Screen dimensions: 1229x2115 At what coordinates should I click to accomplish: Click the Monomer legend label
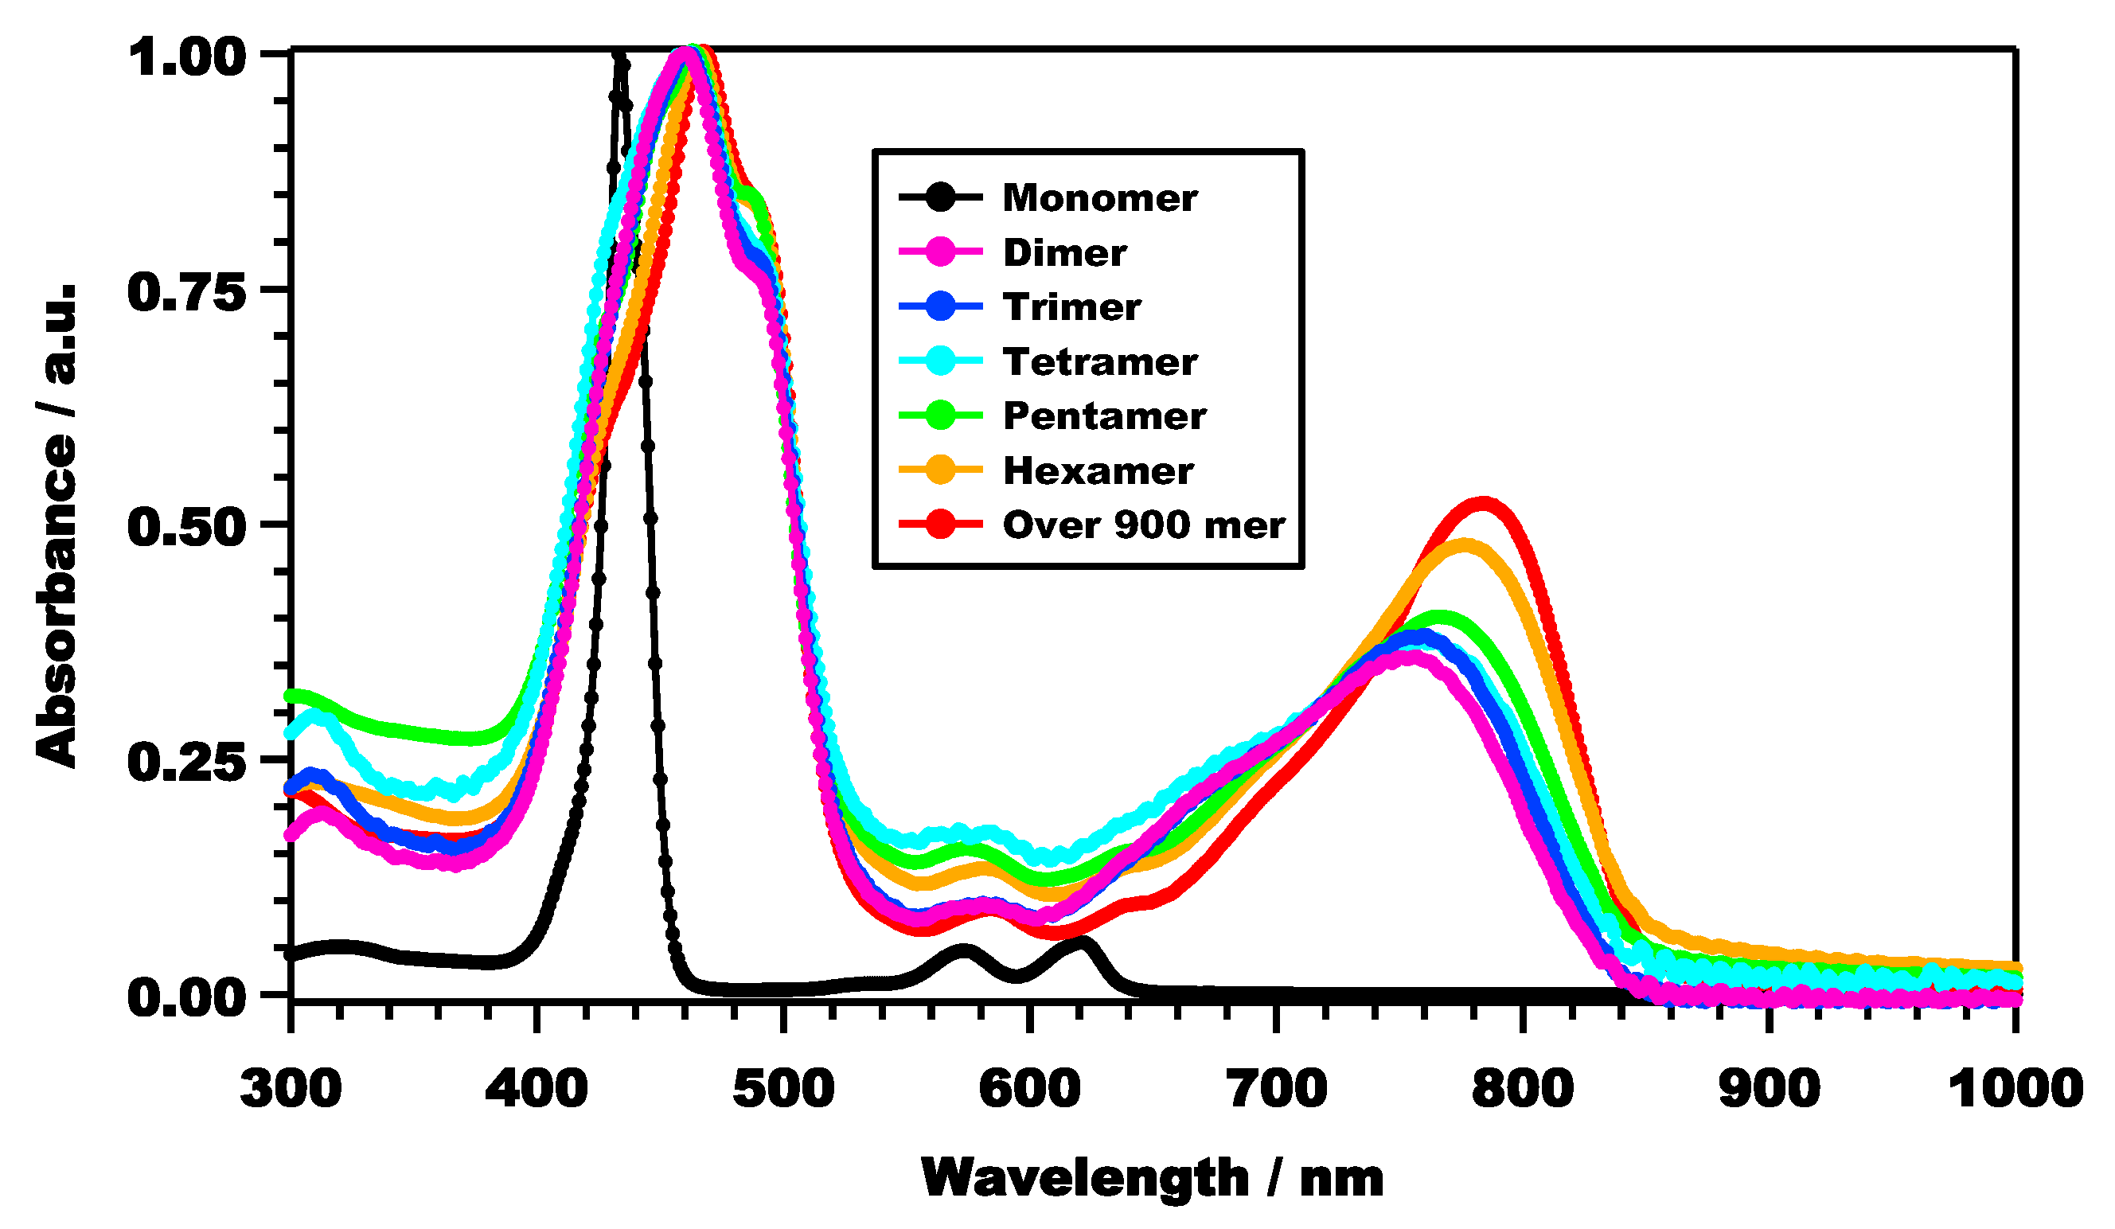tap(1099, 199)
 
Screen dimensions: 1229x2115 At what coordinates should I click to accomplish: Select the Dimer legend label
tap(1064, 254)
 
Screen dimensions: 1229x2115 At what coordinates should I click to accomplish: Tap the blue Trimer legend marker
tap(941, 306)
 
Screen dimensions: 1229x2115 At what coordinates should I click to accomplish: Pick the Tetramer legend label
tap(1099, 363)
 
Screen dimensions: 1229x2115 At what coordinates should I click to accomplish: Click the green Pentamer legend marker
tap(941, 416)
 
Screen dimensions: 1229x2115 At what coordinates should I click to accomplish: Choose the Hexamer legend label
tap(1098, 472)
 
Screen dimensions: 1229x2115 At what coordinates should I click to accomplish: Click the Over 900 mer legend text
tap(1143, 525)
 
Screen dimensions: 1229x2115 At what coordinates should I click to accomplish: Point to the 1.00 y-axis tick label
tap(187, 59)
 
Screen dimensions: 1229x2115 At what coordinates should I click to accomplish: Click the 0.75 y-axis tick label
tap(187, 294)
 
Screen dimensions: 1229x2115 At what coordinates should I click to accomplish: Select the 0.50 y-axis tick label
tap(187, 529)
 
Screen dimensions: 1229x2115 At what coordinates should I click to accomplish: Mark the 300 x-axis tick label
tap(291, 1090)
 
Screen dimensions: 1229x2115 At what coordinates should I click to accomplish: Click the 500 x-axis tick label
tap(783, 1090)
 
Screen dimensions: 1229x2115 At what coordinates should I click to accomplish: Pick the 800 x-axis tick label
tap(1523, 1090)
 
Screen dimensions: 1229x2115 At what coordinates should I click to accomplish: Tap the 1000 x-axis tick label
tap(2014, 1090)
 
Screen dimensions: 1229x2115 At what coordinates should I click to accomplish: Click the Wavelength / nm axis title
tap(1153, 1180)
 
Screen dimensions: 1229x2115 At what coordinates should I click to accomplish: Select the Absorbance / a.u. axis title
tap(57, 525)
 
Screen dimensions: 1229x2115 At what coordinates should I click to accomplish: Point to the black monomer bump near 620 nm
tap(1082, 942)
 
